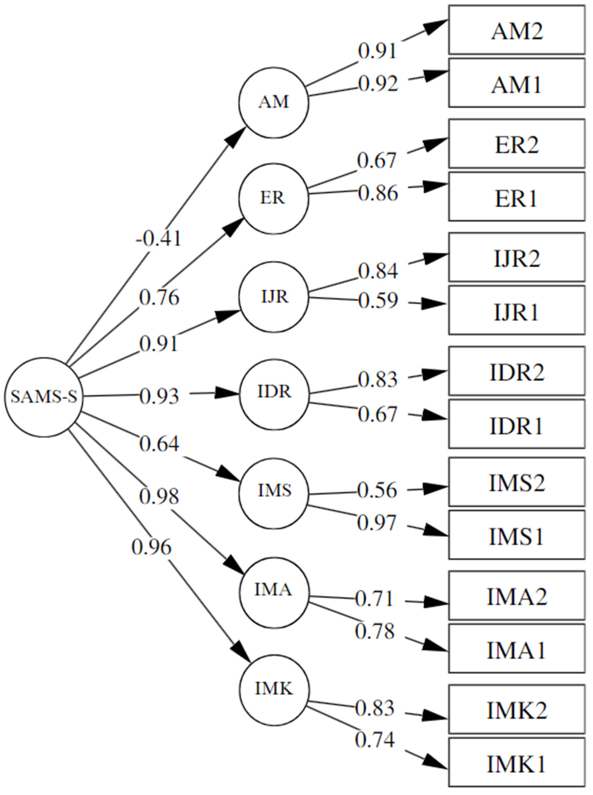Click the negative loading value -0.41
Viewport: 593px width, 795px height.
click(159, 238)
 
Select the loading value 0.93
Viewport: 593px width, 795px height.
click(159, 396)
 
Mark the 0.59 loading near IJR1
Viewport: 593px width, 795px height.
click(378, 300)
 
